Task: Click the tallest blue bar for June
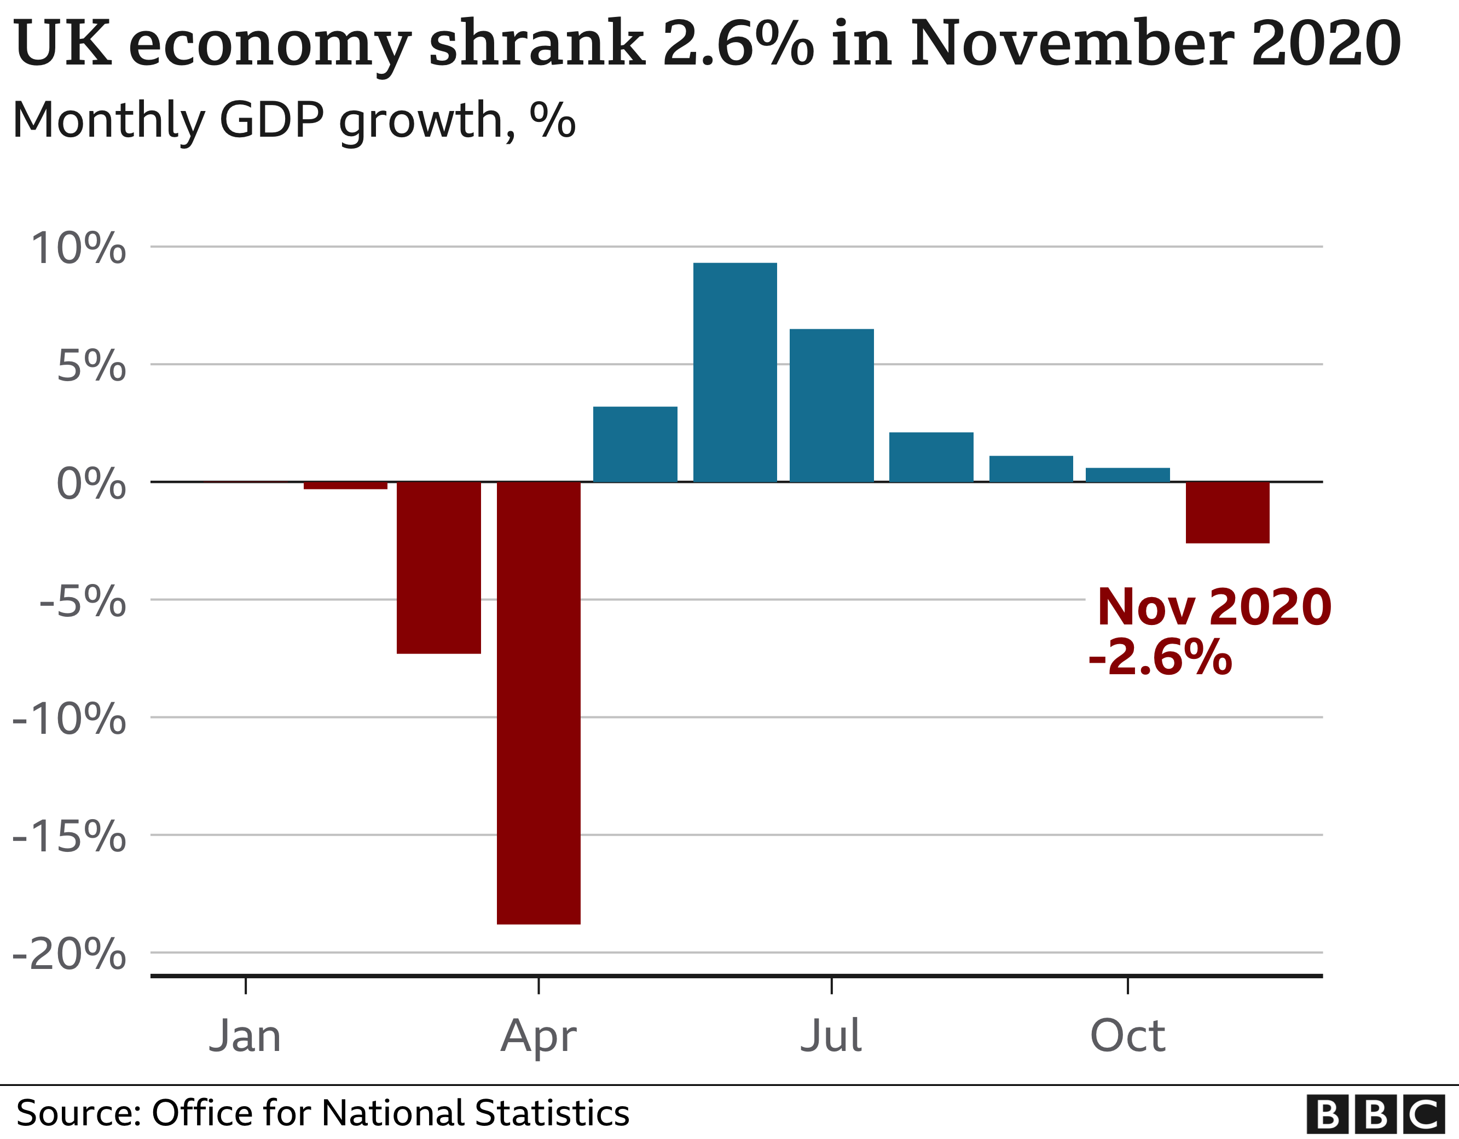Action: (735, 372)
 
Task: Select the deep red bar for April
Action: (539, 702)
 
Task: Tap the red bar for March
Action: (438, 567)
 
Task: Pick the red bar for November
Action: (1227, 512)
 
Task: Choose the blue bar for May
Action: (635, 444)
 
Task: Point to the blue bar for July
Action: (831, 405)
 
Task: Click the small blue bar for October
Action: (1128, 475)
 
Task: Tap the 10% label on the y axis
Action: (78, 248)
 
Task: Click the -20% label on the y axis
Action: (69, 954)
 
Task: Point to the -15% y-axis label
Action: (69, 836)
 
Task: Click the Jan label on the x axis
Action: (245, 1036)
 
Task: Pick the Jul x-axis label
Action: (831, 1036)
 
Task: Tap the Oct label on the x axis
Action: (1128, 1036)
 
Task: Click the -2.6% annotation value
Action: (1160, 658)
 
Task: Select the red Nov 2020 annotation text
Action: (1214, 607)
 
